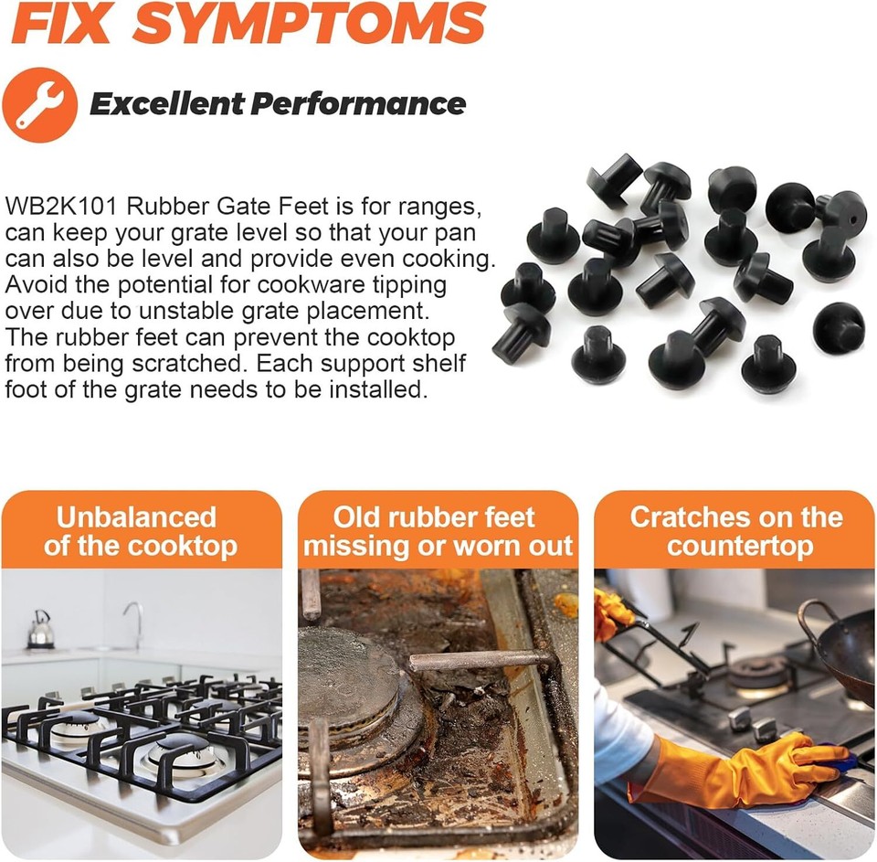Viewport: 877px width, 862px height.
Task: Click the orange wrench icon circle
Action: (39, 104)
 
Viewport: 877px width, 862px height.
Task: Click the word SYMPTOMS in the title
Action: (309, 24)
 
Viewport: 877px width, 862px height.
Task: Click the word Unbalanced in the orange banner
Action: (135, 517)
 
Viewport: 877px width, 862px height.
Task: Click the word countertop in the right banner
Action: (739, 547)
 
